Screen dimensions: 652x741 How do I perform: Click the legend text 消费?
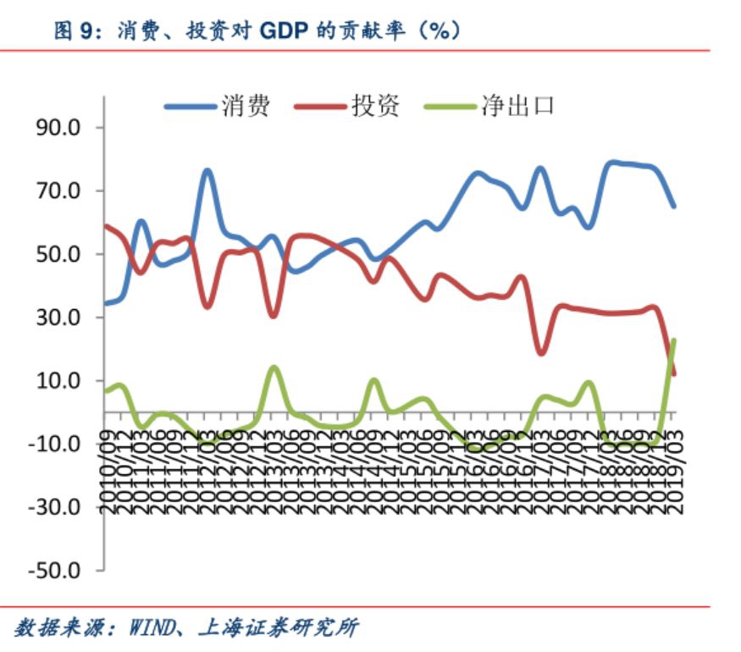tap(246, 107)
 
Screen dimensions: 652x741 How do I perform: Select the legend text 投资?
tap(374, 107)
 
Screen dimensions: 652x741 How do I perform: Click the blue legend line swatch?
tap(191, 107)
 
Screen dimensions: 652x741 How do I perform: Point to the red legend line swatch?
tap(320, 107)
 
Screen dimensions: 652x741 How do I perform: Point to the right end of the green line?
tap(674, 340)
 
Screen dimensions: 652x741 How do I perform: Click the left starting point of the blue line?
tap(105, 303)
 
